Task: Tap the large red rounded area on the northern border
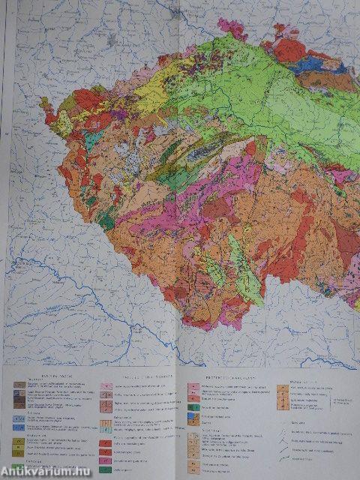290,50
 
